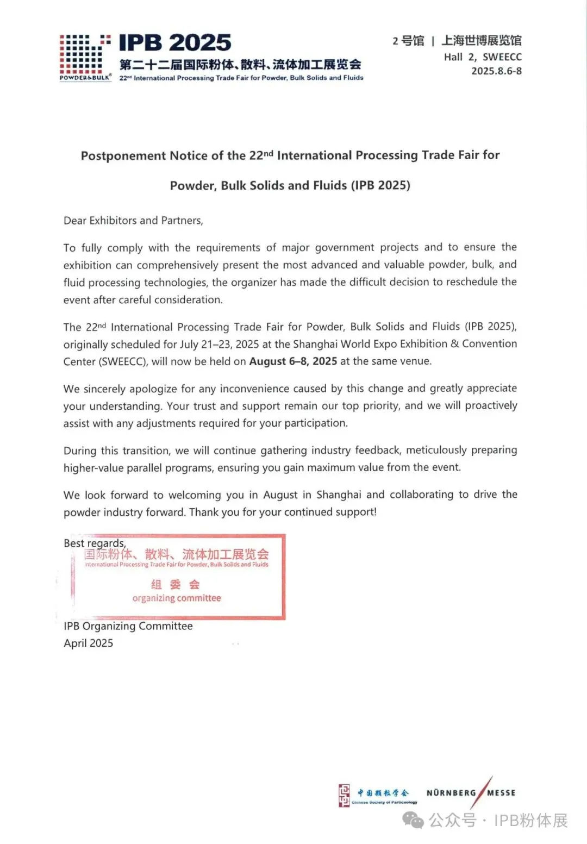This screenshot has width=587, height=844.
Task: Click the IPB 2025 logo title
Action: point(175,42)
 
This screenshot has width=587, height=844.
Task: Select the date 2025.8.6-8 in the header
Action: point(496,71)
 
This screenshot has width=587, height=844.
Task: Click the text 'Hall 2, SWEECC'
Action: point(482,57)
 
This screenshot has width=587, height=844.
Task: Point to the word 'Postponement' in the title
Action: point(123,156)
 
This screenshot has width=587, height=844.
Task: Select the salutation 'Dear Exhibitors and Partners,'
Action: point(133,221)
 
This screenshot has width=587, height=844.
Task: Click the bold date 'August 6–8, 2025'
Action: point(293,361)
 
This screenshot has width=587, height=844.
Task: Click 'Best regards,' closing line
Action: point(95,543)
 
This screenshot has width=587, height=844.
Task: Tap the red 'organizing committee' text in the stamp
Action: point(177,598)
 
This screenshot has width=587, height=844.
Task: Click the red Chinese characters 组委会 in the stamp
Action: point(176,584)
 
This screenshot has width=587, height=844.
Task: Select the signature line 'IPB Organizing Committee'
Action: point(128,626)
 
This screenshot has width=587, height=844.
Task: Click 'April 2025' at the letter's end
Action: point(88,643)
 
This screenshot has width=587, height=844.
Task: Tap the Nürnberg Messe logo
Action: point(471,792)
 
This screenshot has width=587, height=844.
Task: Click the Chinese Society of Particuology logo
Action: point(378,795)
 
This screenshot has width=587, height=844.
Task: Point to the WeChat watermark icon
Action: point(413,820)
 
